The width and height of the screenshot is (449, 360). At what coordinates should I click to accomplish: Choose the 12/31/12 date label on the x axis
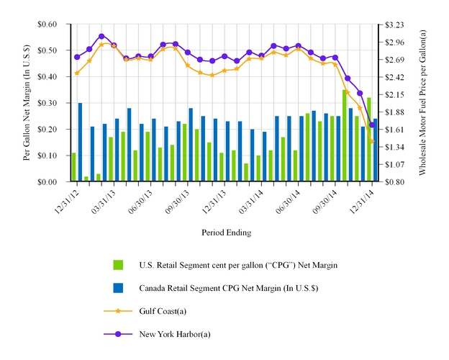tap(65, 198)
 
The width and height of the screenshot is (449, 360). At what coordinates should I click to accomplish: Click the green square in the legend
tap(119, 266)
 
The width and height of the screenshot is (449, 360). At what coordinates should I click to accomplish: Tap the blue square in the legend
tap(119, 288)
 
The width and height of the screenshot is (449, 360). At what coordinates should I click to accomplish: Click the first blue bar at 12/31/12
tap(80, 143)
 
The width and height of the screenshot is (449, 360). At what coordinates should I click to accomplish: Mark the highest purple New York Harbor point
tap(101, 36)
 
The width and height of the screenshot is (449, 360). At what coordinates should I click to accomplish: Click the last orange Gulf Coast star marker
tap(372, 142)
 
